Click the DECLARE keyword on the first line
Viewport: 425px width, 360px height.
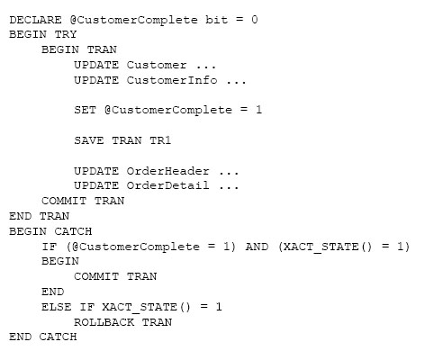[35, 20]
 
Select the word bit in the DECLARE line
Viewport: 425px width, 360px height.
[216, 20]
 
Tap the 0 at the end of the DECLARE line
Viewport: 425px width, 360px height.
[255, 20]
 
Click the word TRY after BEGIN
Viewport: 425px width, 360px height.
[66, 34]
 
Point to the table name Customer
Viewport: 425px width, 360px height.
[157, 65]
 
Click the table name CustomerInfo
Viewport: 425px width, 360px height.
[172, 80]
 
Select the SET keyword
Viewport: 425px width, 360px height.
[86, 110]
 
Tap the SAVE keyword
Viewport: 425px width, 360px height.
[89, 140]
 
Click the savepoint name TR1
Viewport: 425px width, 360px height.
[160, 140]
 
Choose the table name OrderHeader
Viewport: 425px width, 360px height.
[167, 171]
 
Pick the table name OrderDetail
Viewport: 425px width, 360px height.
[167, 185]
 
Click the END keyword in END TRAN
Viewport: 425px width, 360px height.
[20, 216]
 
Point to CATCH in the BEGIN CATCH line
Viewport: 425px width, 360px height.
[73, 231]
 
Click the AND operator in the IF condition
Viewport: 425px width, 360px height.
[257, 247]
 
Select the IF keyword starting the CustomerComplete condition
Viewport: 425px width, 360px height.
[50, 247]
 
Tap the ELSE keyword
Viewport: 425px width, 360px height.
[57, 307]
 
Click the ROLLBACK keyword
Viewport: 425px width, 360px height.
[104, 322]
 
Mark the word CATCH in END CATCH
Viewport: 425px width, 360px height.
[59, 337]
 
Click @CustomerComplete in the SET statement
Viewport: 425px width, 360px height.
[168, 110]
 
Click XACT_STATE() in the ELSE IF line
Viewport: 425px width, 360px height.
[146, 307]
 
